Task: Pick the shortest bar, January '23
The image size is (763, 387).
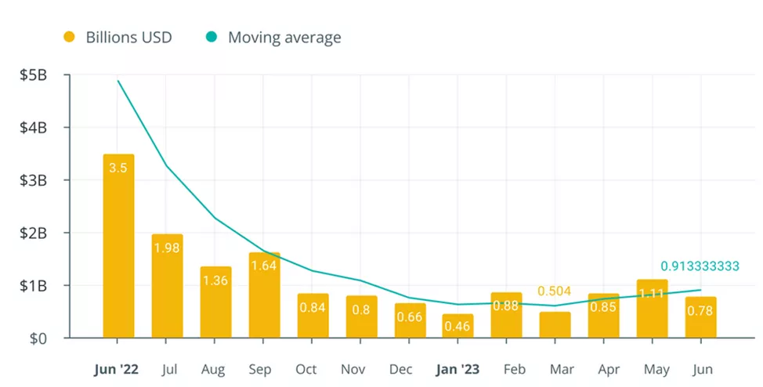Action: [x=458, y=327]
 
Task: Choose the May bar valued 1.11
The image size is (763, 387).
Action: [x=653, y=309]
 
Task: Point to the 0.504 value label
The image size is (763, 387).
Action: [x=555, y=291]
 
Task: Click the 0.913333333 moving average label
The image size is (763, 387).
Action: [x=700, y=266]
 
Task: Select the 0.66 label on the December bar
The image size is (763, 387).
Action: [x=410, y=316]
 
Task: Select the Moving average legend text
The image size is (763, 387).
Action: [x=284, y=38]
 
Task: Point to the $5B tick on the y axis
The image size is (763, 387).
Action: [x=34, y=75]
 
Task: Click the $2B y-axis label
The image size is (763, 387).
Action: [x=34, y=233]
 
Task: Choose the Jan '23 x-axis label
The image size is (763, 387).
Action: [x=457, y=368]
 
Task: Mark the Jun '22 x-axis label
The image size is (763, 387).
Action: [x=118, y=368]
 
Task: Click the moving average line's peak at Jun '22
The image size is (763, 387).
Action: [x=118, y=81]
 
